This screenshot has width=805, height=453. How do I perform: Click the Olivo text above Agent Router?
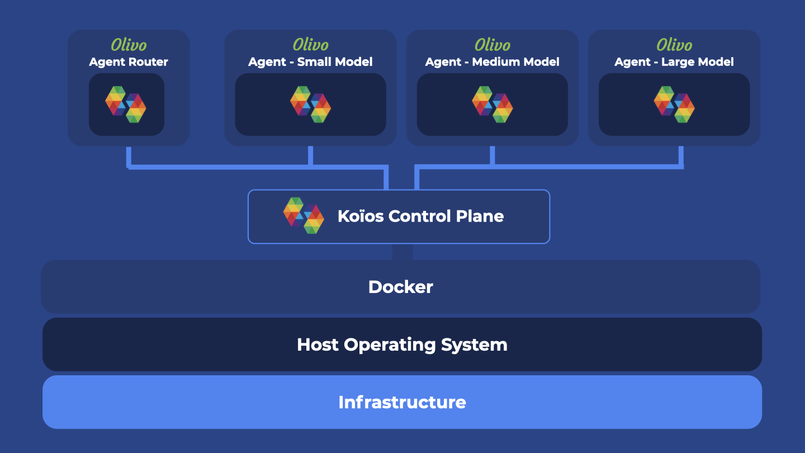click(x=129, y=45)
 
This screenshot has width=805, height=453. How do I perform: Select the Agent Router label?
click(x=129, y=62)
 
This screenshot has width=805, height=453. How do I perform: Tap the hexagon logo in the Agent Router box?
click(x=126, y=104)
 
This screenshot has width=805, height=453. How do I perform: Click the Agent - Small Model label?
click(x=310, y=62)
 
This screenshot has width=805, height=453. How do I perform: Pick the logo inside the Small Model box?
click(x=310, y=104)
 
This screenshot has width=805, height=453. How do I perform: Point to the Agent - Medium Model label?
click(x=492, y=62)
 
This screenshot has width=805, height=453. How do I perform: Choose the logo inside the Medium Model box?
click(x=492, y=104)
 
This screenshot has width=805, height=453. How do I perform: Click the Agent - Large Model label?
click(x=674, y=62)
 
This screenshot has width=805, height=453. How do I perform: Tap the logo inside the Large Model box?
click(x=674, y=104)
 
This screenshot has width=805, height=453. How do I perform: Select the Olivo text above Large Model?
click(x=674, y=45)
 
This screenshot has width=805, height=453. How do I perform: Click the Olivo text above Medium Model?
click(x=492, y=45)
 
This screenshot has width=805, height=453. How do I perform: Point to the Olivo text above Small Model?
click(x=310, y=45)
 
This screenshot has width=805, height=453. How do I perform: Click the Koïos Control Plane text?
click(x=420, y=216)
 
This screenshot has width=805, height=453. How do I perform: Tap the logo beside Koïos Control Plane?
click(x=304, y=215)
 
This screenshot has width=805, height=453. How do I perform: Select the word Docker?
click(x=401, y=287)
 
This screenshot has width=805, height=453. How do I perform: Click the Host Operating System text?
click(x=402, y=345)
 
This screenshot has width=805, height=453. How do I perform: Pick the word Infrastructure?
click(x=402, y=402)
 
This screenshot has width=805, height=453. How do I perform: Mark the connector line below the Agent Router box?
click(x=129, y=157)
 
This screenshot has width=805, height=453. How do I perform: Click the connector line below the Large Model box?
click(x=681, y=155)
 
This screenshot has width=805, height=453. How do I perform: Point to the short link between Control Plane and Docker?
click(x=402, y=252)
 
